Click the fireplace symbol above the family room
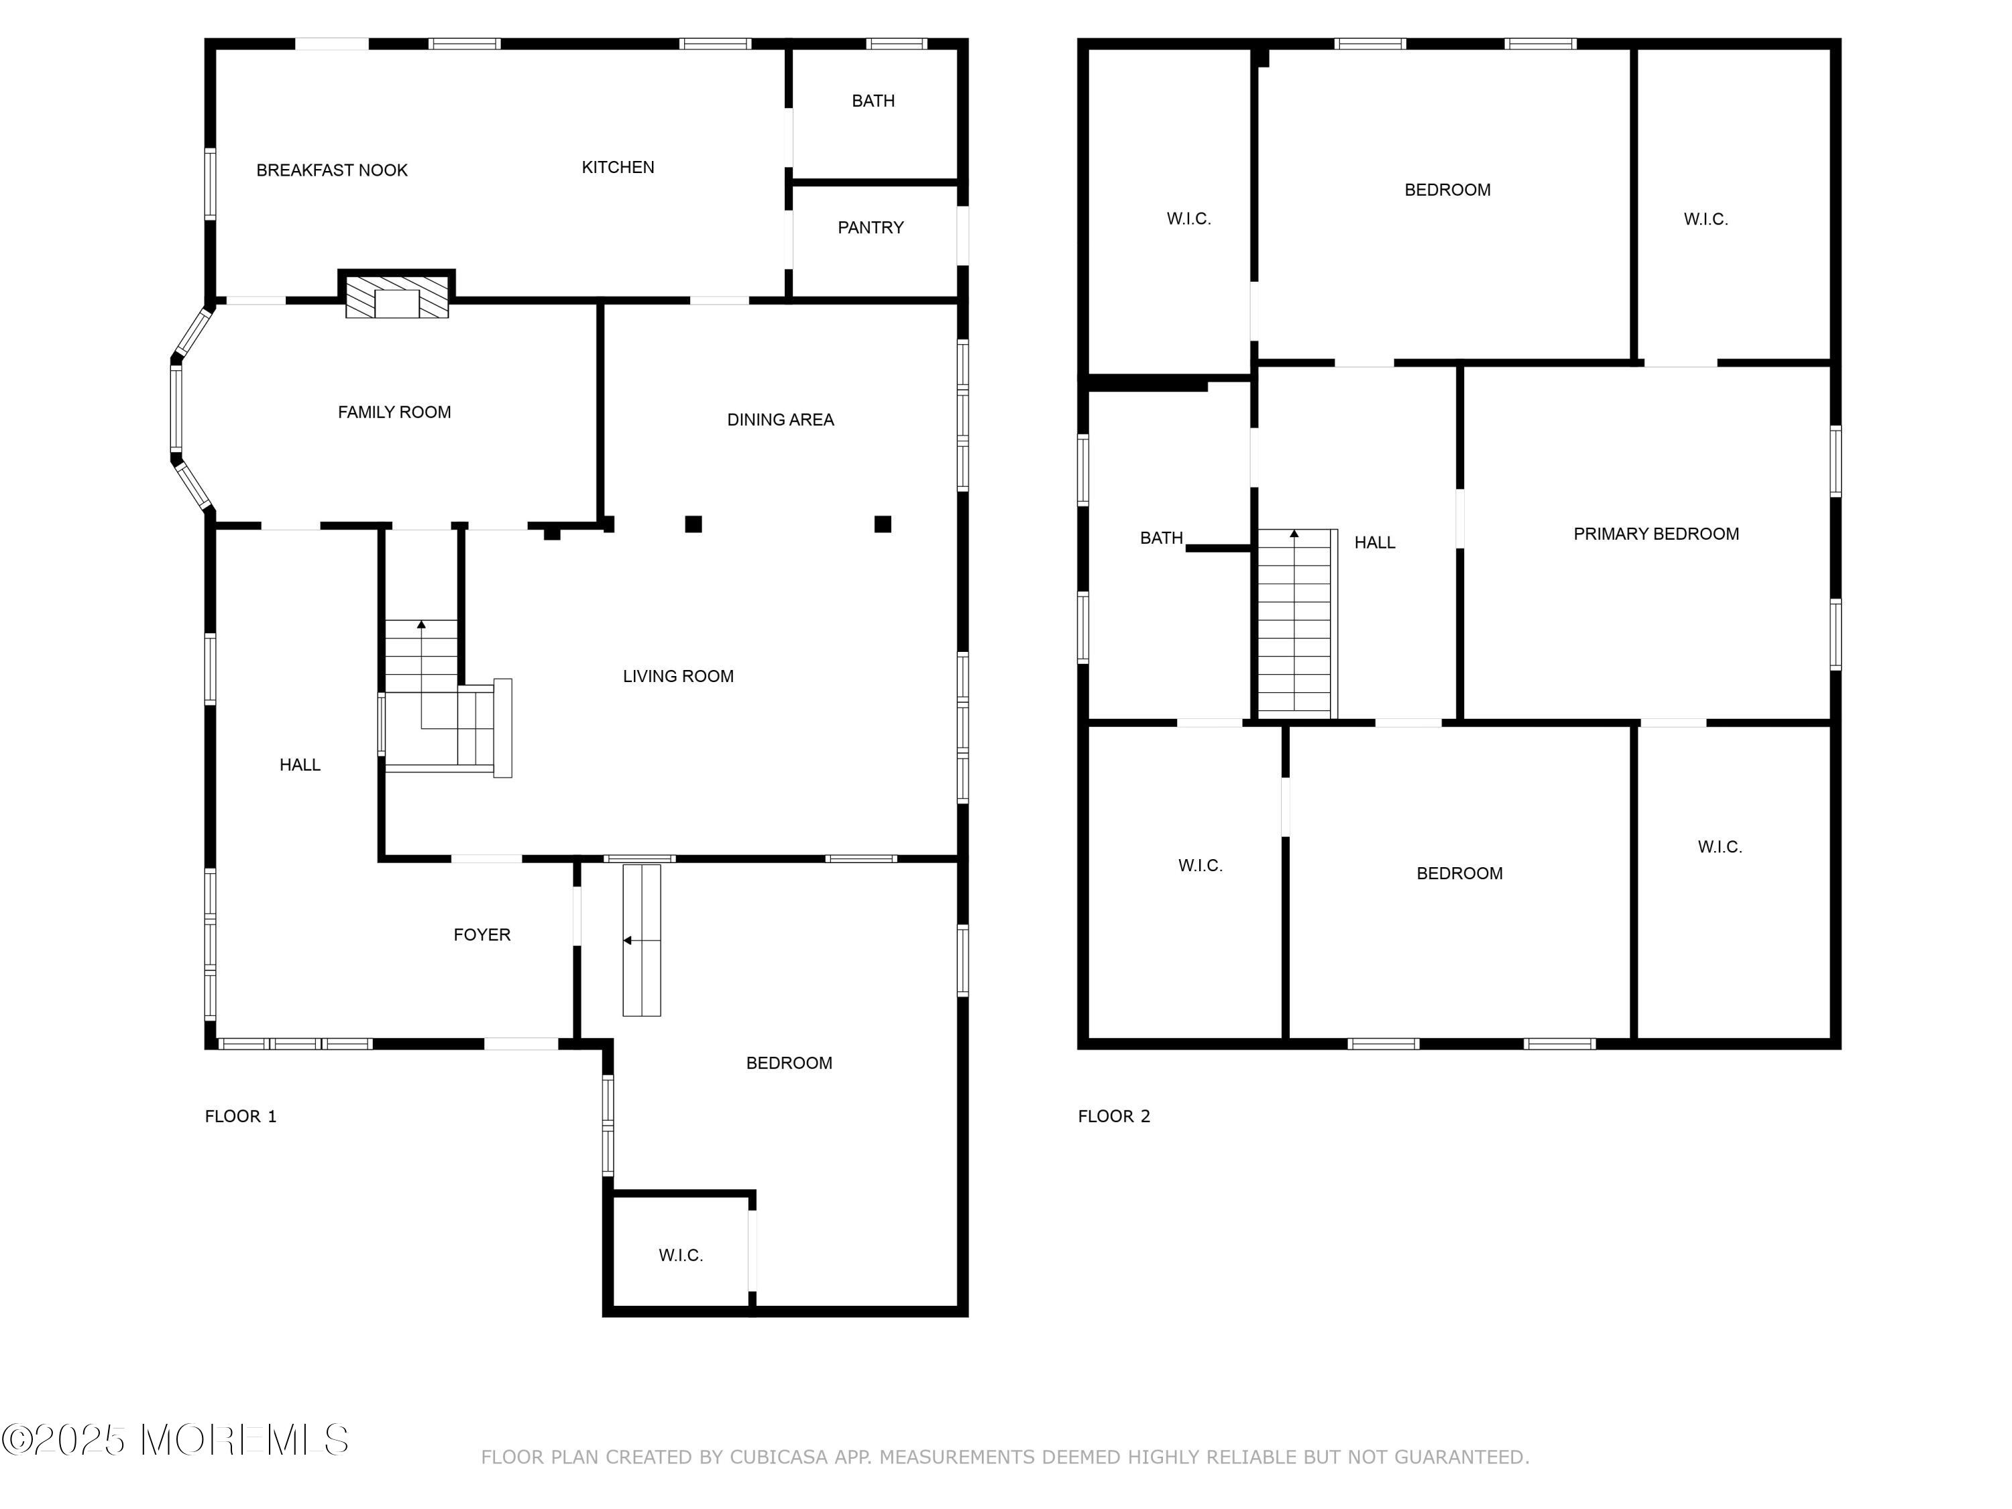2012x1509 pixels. pos(396,296)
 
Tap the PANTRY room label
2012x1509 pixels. pos(871,227)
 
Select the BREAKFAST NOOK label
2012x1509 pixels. pos(332,170)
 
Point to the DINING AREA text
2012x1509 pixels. pos(781,419)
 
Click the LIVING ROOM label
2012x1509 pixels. pos(677,676)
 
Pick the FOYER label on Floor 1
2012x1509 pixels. pos(482,934)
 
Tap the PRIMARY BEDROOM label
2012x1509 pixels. pos(1657,534)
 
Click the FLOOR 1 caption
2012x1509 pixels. pos(240,1116)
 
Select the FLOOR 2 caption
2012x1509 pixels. pos(1114,1116)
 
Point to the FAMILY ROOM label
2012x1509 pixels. pos(394,412)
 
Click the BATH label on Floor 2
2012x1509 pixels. pos(1162,538)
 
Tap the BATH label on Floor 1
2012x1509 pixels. pos(873,101)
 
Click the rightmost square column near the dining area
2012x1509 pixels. pos(883,524)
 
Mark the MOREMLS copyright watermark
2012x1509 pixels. pos(174,1440)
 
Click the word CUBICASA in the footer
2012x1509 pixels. pos(779,1457)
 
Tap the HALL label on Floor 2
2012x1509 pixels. pos(1374,542)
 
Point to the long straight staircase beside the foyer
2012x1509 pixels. pos(641,940)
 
